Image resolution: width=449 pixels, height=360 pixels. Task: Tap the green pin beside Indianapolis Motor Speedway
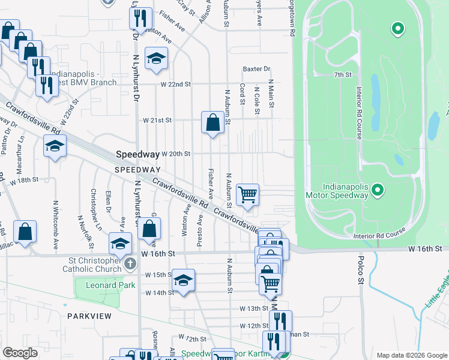378,191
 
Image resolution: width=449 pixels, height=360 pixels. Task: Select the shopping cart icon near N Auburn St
247,195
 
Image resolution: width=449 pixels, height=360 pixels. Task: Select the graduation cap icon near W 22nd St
156,58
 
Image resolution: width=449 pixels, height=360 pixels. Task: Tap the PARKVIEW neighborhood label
86,315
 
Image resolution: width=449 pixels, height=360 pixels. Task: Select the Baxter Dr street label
256,69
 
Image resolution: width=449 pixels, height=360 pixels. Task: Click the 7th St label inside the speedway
342,74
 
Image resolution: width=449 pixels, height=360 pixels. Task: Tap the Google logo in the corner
20,352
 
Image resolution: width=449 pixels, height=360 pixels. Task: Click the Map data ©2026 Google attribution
411,355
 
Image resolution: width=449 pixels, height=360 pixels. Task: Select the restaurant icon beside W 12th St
280,321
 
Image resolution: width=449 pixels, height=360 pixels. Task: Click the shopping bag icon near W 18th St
25,232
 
